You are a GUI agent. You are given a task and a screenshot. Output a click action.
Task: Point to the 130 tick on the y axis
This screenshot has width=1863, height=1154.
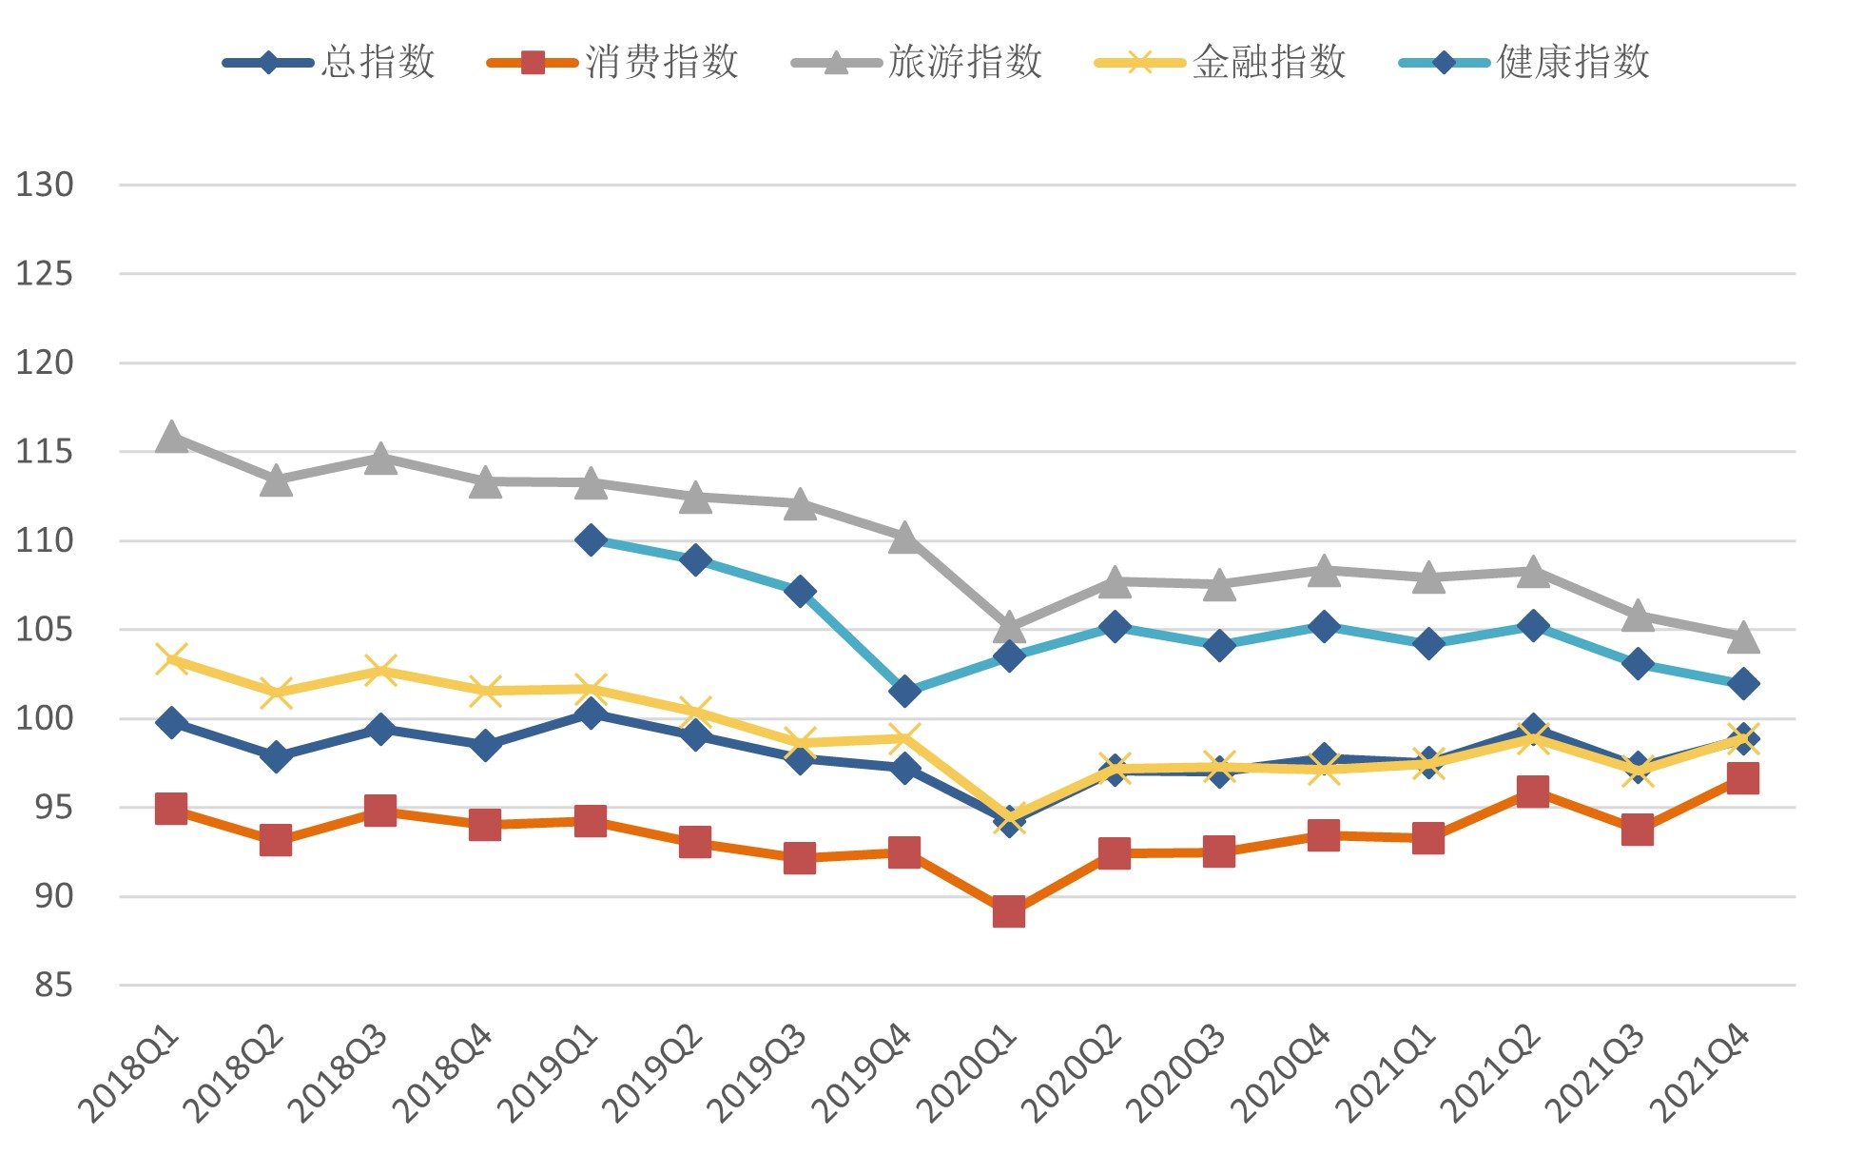tap(45, 185)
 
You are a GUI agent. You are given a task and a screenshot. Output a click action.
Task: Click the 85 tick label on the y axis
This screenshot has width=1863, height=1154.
tap(53, 986)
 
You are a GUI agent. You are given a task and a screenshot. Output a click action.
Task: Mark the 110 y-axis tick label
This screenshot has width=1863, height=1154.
tap(45, 540)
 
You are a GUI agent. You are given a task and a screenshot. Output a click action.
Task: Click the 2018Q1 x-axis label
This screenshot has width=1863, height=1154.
tap(131, 1073)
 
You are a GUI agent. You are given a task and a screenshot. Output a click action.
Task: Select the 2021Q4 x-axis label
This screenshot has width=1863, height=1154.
tap(1702, 1073)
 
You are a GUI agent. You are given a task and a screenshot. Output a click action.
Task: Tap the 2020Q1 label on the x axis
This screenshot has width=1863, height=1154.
tap(969, 1073)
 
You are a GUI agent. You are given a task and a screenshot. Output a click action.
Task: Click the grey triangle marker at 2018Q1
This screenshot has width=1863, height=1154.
tap(171, 438)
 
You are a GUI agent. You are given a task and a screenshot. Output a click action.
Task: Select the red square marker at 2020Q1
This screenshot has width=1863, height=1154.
tap(1009, 912)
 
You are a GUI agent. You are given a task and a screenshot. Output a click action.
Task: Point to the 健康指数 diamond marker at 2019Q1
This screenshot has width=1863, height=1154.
tap(591, 540)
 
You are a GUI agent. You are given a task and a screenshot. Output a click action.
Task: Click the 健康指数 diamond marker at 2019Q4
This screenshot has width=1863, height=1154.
tap(904, 691)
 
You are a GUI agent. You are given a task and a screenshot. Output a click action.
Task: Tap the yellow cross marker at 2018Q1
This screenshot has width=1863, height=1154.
tap(171, 658)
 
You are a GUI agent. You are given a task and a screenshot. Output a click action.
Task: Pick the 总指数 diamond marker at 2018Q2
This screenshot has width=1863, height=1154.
tap(276, 757)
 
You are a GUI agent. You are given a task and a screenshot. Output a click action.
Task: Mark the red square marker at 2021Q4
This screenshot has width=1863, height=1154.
tap(1742, 778)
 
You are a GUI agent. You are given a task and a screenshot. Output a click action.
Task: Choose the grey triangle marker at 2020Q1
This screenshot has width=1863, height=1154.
tap(1009, 628)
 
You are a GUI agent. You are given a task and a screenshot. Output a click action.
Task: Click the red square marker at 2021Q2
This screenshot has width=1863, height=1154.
tap(1533, 792)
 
